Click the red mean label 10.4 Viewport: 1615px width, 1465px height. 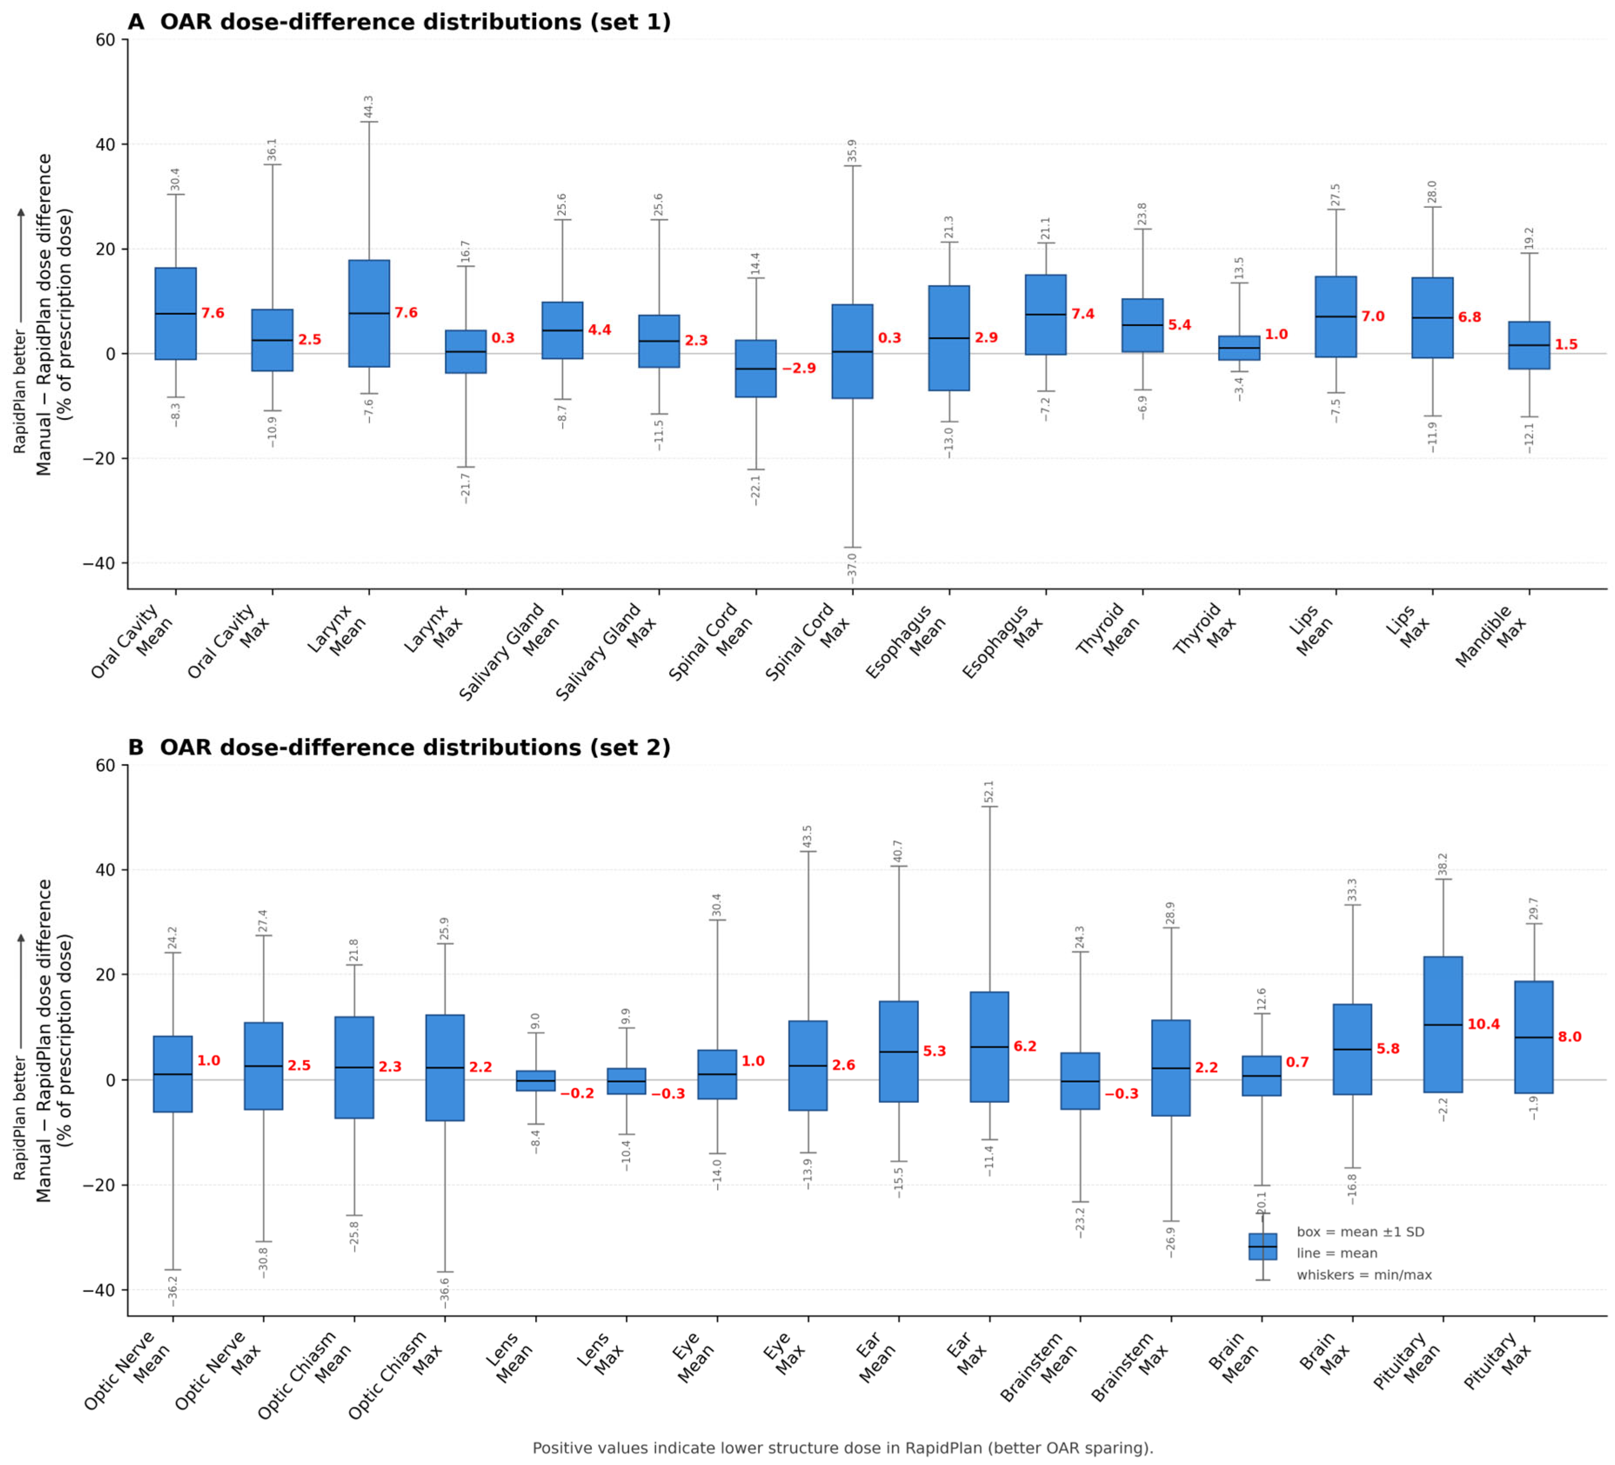[1484, 1024]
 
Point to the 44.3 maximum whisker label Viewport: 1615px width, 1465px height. [368, 107]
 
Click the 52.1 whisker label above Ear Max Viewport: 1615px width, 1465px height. [989, 791]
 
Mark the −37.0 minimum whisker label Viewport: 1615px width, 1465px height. [852, 569]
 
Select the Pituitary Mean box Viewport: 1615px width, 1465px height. [1443, 1024]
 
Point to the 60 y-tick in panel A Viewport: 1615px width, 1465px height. [106, 39]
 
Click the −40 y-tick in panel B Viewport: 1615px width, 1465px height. [99, 1290]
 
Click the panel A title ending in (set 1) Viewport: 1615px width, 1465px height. [399, 22]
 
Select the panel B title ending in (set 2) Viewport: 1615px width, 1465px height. [399, 748]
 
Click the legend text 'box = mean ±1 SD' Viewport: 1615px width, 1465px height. [1360, 1232]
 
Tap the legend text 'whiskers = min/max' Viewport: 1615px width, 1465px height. [1364, 1275]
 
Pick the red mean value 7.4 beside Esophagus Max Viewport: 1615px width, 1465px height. [1083, 314]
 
